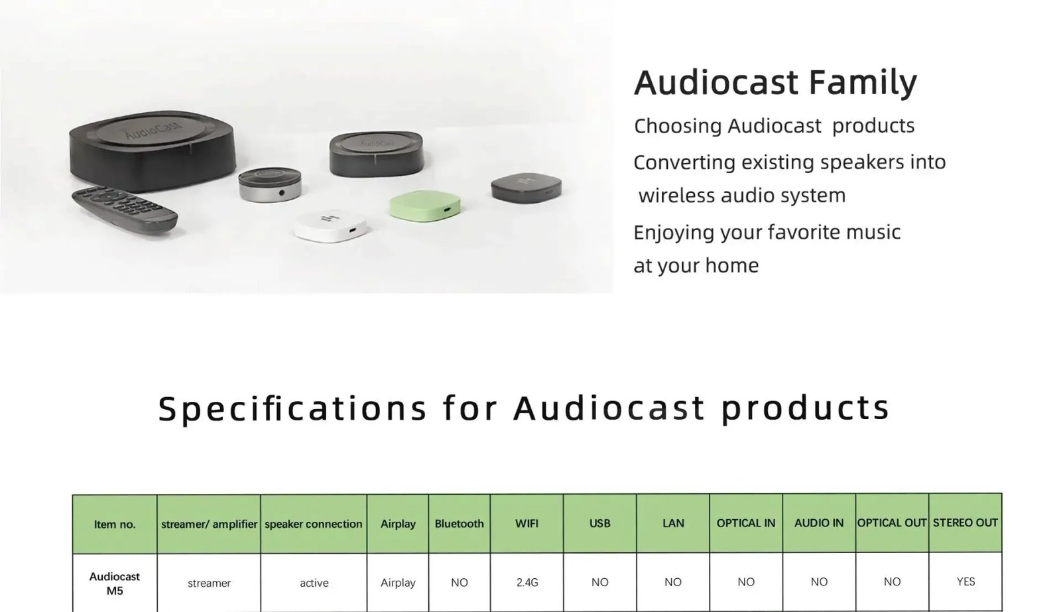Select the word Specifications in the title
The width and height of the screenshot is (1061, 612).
(292, 408)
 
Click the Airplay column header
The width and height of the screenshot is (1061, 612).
(398, 524)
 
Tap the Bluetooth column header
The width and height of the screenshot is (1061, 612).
(459, 524)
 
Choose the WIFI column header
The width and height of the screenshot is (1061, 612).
(527, 523)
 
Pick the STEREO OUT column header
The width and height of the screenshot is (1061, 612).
(965, 522)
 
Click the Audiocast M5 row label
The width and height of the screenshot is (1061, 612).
(115, 583)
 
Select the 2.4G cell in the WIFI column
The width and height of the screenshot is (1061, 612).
(527, 582)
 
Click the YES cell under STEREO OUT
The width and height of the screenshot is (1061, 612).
(966, 581)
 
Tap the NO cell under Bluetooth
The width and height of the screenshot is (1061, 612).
(459, 582)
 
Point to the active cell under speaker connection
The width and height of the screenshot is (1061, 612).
(314, 583)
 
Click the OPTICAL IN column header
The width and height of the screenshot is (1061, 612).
(745, 523)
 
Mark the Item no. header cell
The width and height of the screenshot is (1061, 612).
(115, 524)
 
